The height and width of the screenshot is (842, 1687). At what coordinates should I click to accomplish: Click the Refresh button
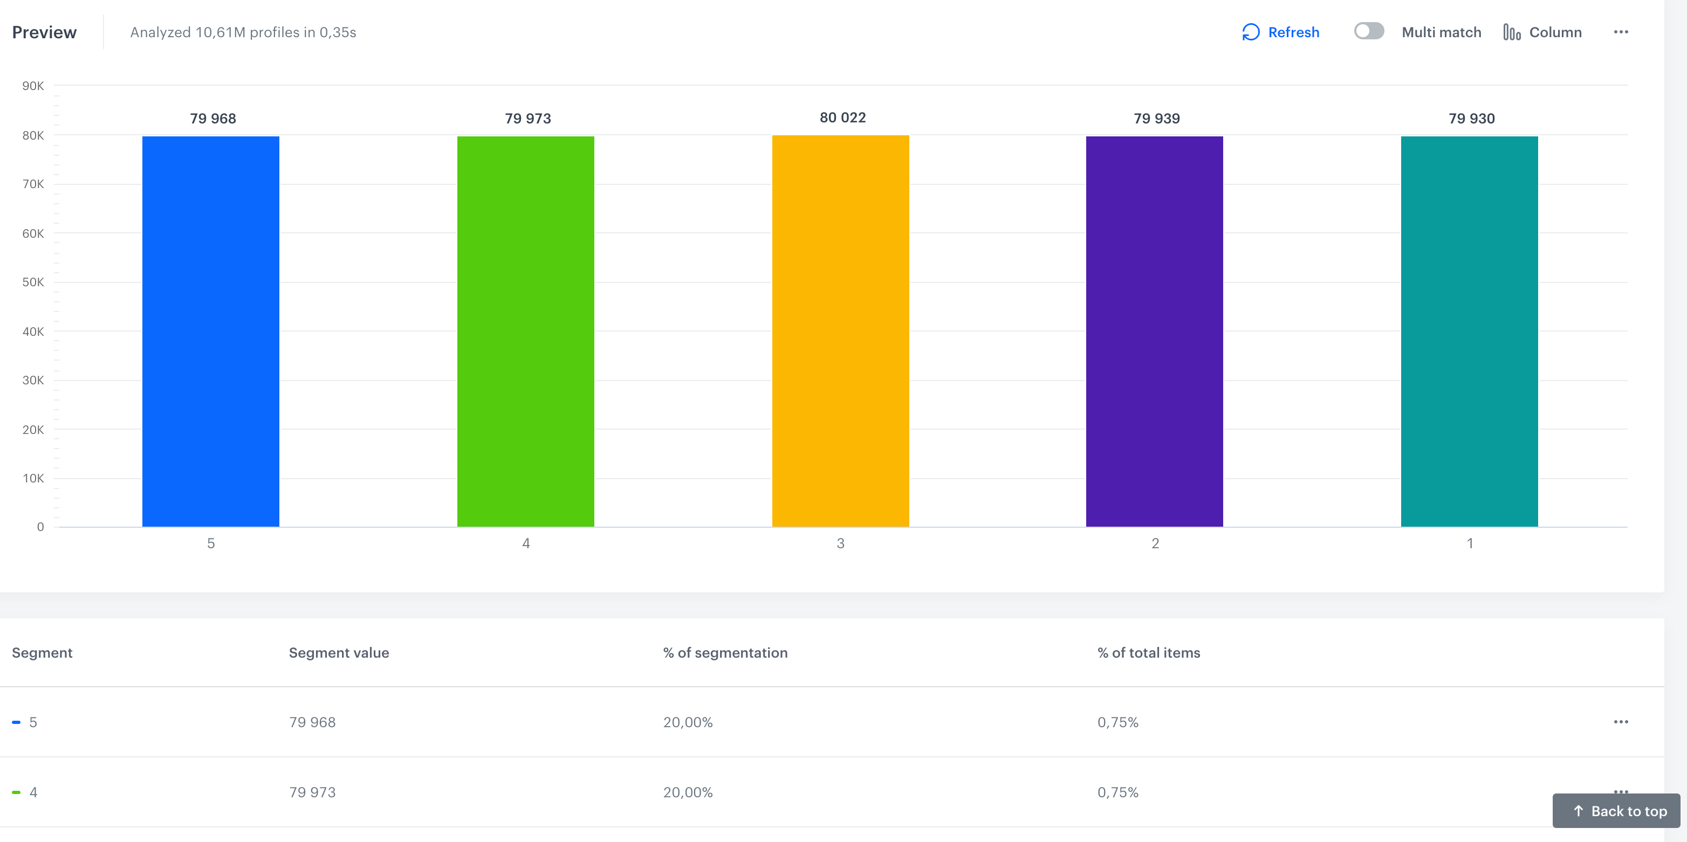[x=1280, y=32]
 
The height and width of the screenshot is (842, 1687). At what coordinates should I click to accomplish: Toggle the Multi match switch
[x=1369, y=31]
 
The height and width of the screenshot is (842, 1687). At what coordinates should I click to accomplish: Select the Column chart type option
[x=1542, y=32]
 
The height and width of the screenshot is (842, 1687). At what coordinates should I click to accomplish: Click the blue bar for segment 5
[x=211, y=330]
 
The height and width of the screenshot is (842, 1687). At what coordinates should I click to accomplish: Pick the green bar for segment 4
[x=525, y=330]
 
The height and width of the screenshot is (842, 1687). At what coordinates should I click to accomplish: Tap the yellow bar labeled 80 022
[x=840, y=330]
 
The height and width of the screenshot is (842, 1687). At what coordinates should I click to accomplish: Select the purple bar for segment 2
[x=1154, y=330]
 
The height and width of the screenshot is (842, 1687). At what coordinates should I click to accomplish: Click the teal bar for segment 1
[x=1469, y=330]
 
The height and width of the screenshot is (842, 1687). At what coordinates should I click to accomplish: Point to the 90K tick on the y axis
[x=33, y=86]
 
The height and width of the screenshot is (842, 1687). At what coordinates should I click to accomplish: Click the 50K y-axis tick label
[x=33, y=282]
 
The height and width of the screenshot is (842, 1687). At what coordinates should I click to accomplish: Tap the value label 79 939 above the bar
[x=1156, y=119]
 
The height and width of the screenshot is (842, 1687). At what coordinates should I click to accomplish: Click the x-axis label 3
[x=840, y=543]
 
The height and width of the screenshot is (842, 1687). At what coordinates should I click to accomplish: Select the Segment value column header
[x=339, y=653]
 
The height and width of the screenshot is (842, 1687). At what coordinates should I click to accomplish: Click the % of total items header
[x=1149, y=653]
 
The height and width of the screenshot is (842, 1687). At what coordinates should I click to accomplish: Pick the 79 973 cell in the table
[x=312, y=792]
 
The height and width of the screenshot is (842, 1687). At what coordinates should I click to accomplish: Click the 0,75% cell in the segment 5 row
[x=1118, y=722]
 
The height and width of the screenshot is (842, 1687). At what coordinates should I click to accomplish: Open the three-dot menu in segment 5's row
[x=1620, y=722]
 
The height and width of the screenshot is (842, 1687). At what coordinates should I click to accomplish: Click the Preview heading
[x=44, y=32]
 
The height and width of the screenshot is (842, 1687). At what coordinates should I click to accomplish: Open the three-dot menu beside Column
[x=1620, y=32]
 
